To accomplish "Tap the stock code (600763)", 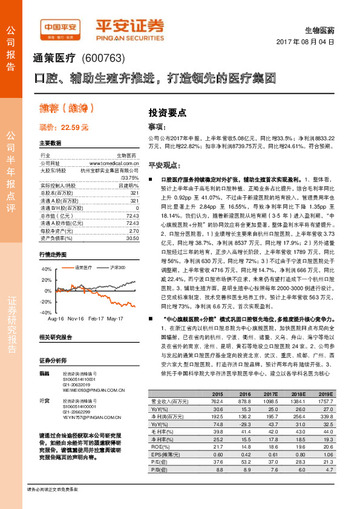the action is tap(102, 59).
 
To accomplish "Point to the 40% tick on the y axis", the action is tap(45, 268).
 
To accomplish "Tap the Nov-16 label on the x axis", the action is tap(76, 318).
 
